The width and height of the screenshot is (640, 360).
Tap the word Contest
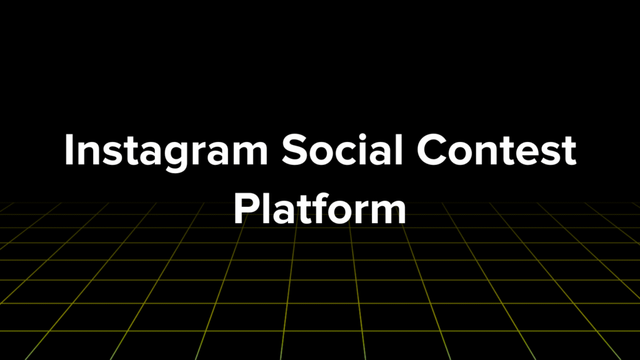(x=496, y=150)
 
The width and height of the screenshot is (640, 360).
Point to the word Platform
(x=319, y=208)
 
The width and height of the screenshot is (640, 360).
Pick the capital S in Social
(x=294, y=149)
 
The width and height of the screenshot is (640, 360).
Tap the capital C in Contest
(x=431, y=150)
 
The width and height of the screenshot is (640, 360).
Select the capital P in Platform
(x=246, y=209)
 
